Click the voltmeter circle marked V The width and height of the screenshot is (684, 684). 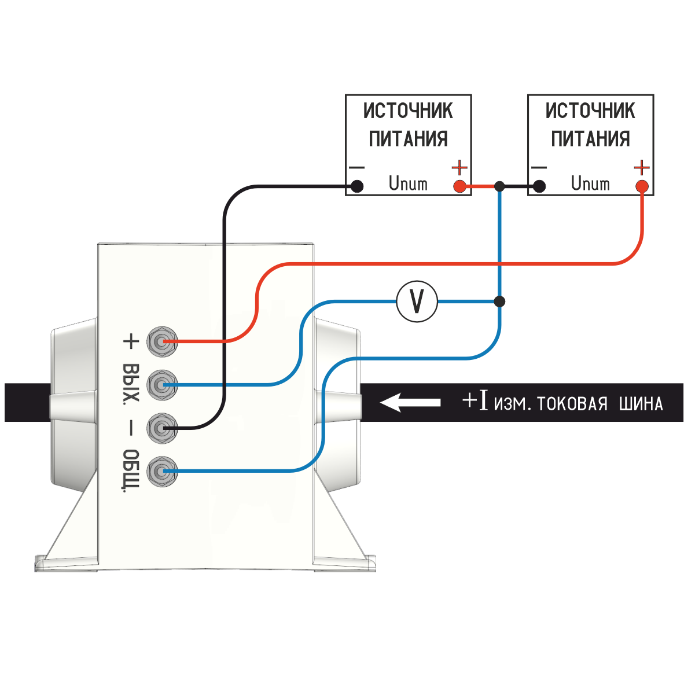tap(417, 301)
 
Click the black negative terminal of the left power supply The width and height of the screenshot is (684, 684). tap(358, 186)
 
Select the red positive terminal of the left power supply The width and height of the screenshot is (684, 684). tap(459, 186)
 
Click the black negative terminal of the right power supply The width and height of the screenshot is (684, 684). tap(539, 186)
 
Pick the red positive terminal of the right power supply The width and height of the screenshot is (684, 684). tap(641, 186)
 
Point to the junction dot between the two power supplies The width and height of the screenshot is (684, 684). tap(500, 186)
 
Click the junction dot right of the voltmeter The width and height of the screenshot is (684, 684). tap(500, 301)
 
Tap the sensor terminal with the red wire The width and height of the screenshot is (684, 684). tap(161, 341)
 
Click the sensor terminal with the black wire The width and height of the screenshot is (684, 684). tap(161, 428)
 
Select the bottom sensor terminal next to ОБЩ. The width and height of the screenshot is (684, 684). tap(161, 472)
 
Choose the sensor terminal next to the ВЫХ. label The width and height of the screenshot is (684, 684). tap(161, 385)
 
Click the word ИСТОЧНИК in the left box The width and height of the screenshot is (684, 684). tap(408, 111)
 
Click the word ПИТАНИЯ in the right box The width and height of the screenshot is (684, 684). tap(590, 139)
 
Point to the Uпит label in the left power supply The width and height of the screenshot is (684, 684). tap(408, 184)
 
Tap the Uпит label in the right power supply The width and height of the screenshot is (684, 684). tap(590, 184)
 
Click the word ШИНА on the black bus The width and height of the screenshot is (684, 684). tap(641, 403)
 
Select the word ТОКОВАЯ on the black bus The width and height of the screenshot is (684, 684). tap(572, 403)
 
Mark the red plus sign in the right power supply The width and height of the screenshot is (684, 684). tap(641, 168)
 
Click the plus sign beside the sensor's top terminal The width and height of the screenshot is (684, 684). tap(131, 341)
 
